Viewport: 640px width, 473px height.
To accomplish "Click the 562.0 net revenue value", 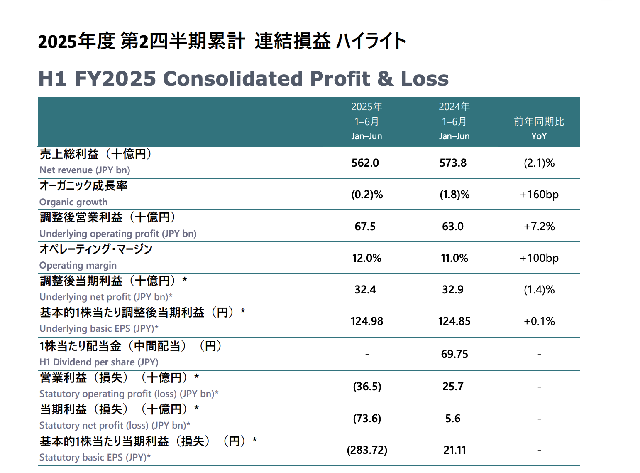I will coord(365,163).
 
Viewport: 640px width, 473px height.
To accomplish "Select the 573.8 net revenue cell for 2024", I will coord(453,163).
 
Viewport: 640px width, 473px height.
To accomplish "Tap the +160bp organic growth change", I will coord(539,195).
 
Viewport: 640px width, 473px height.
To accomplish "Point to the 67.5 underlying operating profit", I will coord(365,227).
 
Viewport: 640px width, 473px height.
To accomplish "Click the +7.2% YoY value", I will coord(539,227).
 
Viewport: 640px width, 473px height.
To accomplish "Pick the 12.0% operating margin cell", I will coord(366,258).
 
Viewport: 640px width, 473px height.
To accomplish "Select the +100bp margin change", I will coord(539,258).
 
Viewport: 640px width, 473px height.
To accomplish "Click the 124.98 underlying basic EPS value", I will coord(366,321).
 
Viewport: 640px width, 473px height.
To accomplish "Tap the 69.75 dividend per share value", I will coord(454,354).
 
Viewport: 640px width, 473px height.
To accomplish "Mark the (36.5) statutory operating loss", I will coord(367,387).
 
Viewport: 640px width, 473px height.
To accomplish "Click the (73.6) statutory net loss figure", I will coord(367,419).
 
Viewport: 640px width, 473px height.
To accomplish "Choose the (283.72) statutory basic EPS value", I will coord(367,450).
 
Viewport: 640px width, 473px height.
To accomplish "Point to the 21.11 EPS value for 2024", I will coord(454,450).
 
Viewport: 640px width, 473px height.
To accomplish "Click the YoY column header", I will coord(539,136).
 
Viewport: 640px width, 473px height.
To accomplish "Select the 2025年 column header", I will coord(366,107).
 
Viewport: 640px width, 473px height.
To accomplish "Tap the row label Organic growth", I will coord(73,202).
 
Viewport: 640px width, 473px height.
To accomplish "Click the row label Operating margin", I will coord(78,265).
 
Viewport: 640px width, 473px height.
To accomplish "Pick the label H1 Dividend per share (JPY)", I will coord(99,362).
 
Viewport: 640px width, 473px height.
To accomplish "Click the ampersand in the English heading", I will coord(386,79).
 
